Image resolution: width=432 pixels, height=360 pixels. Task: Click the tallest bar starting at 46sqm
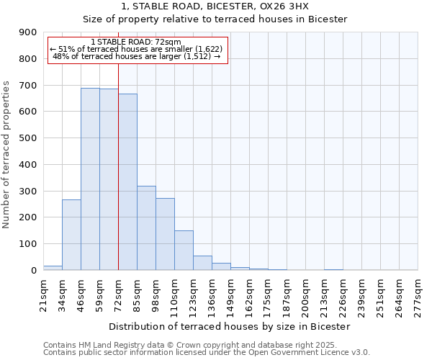(x=90, y=180)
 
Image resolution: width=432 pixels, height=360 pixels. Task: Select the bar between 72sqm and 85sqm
(x=127, y=184)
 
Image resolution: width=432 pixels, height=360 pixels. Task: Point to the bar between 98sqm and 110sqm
(x=165, y=235)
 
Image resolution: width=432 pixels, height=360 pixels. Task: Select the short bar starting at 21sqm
(x=53, y=268)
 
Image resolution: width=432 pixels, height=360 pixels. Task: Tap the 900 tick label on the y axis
(x=27, y=32)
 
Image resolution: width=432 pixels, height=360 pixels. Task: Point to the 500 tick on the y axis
(x=27, y=138)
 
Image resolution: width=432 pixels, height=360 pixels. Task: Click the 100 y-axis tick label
(x=27, y=244)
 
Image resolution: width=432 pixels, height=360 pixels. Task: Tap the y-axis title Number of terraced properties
(x=6, y=155)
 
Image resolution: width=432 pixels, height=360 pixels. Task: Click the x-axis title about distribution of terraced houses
(x=229, y=326)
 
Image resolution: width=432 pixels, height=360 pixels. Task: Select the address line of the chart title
(x=215, y=6)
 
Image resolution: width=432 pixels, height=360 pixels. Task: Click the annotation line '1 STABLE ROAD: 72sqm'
(x=136, y=42)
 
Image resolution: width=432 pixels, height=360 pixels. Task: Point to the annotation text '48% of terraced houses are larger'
(x=136, y=57)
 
